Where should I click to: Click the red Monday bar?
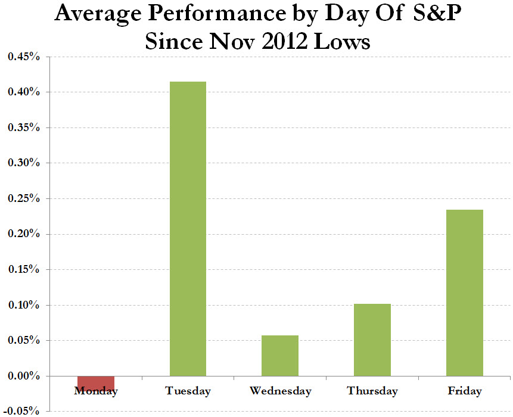pos(96,382)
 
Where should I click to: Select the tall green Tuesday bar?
pos(188,229)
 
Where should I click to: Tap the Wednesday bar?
pos(280,356)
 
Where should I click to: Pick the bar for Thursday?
pos(372,340)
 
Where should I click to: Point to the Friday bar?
pos(465,292)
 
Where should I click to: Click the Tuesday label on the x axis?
pos(188,391)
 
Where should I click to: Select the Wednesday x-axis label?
pos(281,391)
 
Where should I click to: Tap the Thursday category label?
pos(372,391)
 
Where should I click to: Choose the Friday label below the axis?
pos(465,391)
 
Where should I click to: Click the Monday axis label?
pos(96,391)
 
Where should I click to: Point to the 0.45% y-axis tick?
pos(24,57)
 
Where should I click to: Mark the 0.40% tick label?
pos(24,92)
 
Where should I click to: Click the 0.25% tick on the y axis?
pos(24,198)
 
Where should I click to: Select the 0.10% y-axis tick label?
pos(24,305)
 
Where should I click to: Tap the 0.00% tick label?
pos(24,376)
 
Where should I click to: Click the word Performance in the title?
pos(217,14)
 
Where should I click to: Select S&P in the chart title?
pos(437,13)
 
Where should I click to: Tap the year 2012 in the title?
pos(285,42)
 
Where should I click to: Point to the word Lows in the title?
pos(342,42)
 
